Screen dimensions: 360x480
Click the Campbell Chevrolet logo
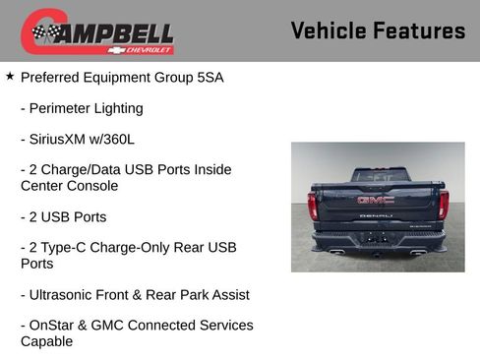click(x=97, y=32)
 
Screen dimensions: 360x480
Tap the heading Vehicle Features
click(x=378, y=31)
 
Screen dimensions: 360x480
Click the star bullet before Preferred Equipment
click(x=10, y=76)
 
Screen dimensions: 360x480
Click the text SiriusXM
click(x=61, y=140)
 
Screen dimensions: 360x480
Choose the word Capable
click(x=46, y=341)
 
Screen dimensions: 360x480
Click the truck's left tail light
click(x=313, y=205)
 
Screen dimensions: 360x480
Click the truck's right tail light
click(x=444, y=205)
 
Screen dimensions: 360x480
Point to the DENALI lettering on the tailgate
click(x=376, y=214)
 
